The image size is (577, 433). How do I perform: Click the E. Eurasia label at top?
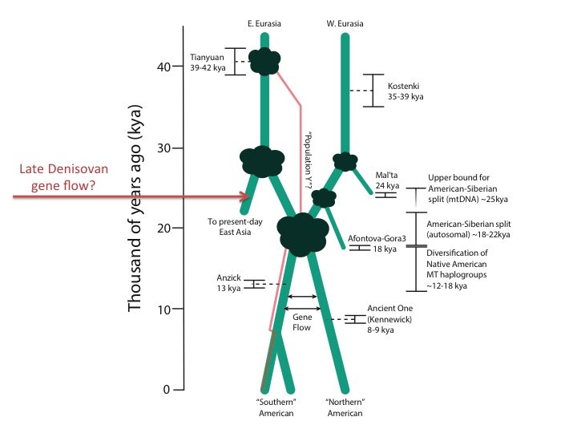pyautogui.click(x=264, y=23)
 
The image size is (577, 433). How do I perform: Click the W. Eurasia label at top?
pyautogui.click(x=345, y=23)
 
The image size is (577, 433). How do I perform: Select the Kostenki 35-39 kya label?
pyautogui.click(x=404, y=91)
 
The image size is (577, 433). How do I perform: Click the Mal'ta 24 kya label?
pyautogui.click(x=387, y=179)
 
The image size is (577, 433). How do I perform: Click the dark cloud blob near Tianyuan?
pyautogui.click(x=264, y=60)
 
